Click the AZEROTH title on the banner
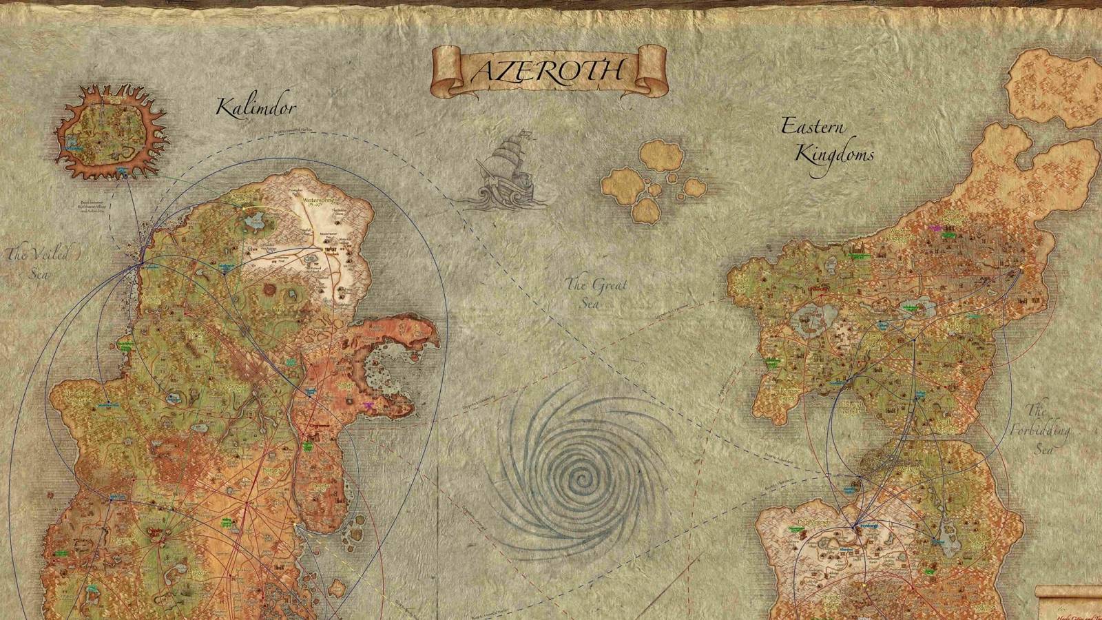pos(548,70)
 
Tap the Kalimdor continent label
pos(256,107)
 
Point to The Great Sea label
pos(596,292)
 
